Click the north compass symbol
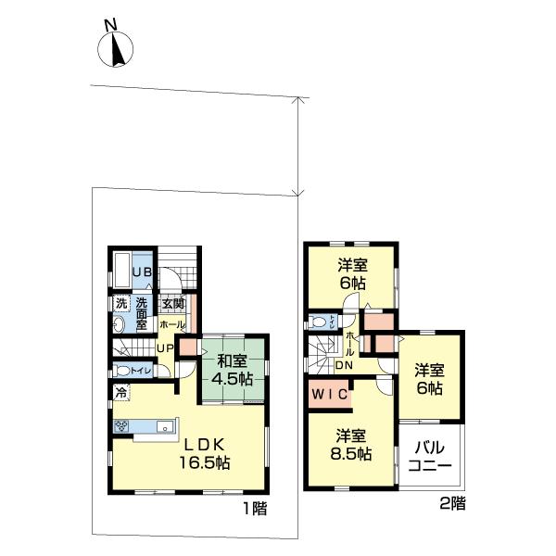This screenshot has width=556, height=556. click(x=118, y=49)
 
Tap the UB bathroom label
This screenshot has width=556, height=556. click(x=141, y=272)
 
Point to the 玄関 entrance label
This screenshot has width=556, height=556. click(x=173, y=303)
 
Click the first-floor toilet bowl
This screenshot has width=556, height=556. click(x=120, y=370)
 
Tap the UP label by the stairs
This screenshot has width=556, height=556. click(x=163, y=348)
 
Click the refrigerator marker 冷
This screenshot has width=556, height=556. click(x=120, y=393)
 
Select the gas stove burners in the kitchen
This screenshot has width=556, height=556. click(x=122, y=426)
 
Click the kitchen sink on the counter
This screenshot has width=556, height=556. click(x=163, y=427)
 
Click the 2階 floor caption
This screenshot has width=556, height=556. click(x=452, y=505)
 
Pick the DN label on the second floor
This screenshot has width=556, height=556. click(x=344, y=365)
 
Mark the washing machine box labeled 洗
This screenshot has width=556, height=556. click(x=120, y=303)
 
